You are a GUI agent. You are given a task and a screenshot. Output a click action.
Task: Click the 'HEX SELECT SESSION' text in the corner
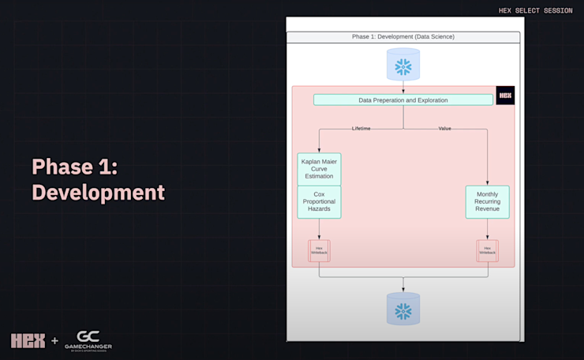point(536,11)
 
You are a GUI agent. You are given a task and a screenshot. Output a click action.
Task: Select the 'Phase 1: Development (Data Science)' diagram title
point(402,37)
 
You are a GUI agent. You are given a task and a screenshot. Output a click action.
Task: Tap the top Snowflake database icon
point(403,65)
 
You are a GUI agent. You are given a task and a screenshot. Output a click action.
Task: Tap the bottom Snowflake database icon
point(403,309)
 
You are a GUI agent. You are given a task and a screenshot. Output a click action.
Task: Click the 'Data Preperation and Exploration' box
point(402,100)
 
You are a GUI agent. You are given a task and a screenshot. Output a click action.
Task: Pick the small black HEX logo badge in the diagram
point(505,96)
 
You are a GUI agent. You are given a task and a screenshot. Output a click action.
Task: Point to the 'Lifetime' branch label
point(361,128)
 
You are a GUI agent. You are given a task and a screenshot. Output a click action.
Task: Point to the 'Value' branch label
point(445,128)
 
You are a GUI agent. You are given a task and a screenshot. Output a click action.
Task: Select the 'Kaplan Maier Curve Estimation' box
point(319,169)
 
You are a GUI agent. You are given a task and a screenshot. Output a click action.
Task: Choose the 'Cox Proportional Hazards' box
point(319,202)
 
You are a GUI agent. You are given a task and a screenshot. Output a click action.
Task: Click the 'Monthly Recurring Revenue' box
point(487,202)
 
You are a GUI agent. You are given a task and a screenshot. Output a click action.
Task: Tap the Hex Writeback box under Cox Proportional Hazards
point(319,250)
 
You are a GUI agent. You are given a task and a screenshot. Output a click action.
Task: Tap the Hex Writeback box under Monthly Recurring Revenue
point(487,250)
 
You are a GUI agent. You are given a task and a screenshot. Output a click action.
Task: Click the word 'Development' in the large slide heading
point(98,192)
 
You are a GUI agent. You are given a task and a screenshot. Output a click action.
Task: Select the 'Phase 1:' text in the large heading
point(74,167)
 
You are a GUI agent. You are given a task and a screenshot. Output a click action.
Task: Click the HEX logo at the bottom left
point(28,341)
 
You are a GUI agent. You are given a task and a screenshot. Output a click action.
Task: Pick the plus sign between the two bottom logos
point(54,341)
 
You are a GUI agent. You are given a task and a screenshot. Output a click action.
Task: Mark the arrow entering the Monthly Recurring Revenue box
point(487,182)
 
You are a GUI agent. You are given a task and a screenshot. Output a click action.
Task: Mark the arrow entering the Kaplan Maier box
point(319,149)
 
